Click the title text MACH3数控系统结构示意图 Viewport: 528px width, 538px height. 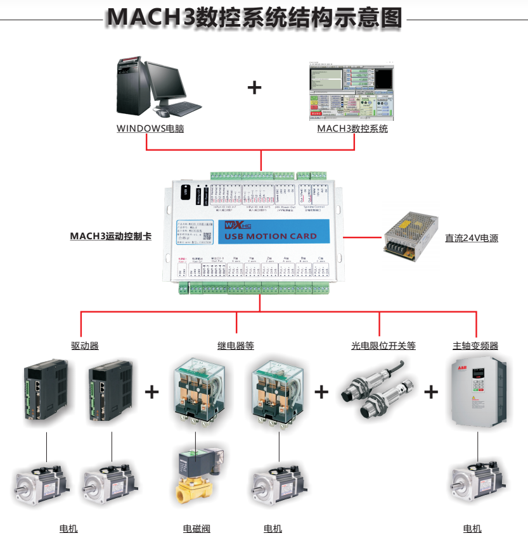254,18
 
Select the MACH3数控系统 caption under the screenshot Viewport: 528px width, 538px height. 352,128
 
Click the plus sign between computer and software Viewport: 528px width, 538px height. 254,87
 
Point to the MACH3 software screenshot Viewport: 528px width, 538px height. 351,91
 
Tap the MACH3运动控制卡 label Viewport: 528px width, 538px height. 110,237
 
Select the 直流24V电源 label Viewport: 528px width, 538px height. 472,239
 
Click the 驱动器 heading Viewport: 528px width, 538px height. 85,346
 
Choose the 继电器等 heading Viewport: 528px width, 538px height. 236,346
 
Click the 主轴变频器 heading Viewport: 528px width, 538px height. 475,346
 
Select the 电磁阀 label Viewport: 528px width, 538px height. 196,529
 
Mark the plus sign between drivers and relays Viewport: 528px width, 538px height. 152,392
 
